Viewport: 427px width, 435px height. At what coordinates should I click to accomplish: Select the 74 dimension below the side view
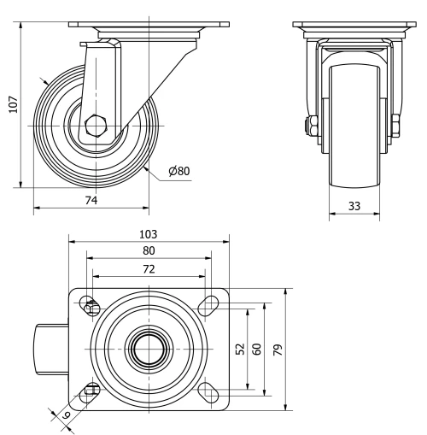pos(91,200)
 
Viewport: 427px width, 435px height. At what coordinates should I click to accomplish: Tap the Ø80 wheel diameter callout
pos(178,170)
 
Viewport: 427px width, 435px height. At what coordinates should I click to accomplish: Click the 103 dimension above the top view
pos(149,233)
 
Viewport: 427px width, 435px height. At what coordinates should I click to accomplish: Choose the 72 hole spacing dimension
pos(149,269)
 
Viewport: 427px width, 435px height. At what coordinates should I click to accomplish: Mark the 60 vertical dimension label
pos(256,349)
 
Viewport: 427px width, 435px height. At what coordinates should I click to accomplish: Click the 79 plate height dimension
pos(278,349)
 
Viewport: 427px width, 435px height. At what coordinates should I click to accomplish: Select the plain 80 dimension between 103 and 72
pos(149,251)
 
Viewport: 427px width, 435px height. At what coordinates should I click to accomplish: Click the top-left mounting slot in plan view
pos(90,305)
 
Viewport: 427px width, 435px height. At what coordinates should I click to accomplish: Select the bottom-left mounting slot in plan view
pos(90,391)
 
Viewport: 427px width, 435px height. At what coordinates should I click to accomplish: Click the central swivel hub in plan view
pos(149,349)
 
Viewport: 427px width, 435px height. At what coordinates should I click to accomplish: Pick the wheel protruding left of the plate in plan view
pos(51,349)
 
